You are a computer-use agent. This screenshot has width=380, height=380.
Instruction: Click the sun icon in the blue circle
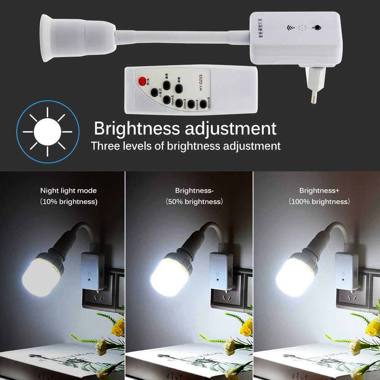47,132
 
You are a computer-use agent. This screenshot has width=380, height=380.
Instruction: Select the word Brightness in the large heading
137,128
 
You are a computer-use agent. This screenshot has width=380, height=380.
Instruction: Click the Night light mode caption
68,191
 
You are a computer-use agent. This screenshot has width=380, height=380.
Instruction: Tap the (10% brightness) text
68,202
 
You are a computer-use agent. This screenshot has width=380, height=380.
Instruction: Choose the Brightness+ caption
319,191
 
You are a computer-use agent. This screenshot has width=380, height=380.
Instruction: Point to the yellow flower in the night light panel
118,327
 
